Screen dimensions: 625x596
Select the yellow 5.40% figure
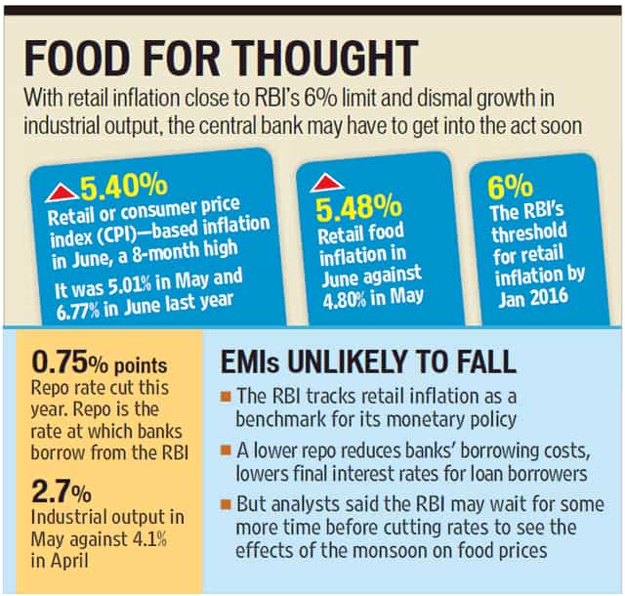(124, 186)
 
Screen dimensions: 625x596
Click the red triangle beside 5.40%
(62, 192)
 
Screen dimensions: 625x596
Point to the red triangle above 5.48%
(327, 183)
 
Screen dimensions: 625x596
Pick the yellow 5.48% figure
(358, 208)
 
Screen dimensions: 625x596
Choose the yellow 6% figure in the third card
(510, 187)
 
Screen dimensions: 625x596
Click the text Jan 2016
(533, 298)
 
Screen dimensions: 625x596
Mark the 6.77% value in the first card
(78, 312)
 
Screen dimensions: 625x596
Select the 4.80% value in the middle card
(345, 300)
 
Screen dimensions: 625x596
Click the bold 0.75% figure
(69, 362)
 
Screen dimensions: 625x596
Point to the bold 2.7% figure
(61, 491)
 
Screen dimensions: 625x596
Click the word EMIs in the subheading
(250, 362)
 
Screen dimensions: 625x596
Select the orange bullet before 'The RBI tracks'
(226, 397)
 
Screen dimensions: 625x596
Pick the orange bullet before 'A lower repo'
(226, 450)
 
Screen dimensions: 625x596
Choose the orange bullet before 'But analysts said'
(226, 504)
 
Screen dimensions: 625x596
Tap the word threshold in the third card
(529, 232)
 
